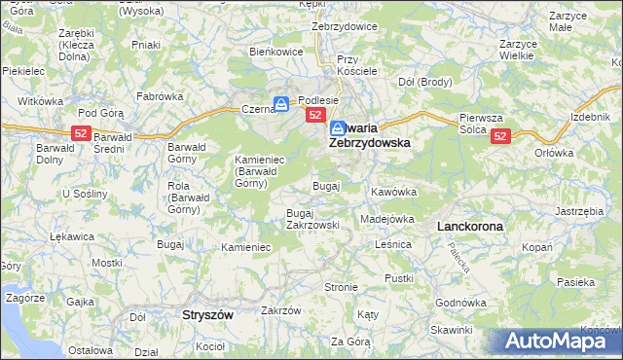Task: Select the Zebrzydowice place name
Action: coord(344,26)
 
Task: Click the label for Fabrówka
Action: coord(160,96)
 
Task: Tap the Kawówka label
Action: coord(393,192)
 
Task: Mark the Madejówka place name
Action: coord(387,219)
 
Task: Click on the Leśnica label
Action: coord(394,245)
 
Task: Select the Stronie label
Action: coord(342,287)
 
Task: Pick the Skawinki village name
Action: coord(451,330)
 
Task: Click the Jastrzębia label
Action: coord(580,210)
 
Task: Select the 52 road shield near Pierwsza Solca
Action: coord(500,137)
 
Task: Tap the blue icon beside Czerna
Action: coord(280,103)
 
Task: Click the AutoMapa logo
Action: coord(558,341)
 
